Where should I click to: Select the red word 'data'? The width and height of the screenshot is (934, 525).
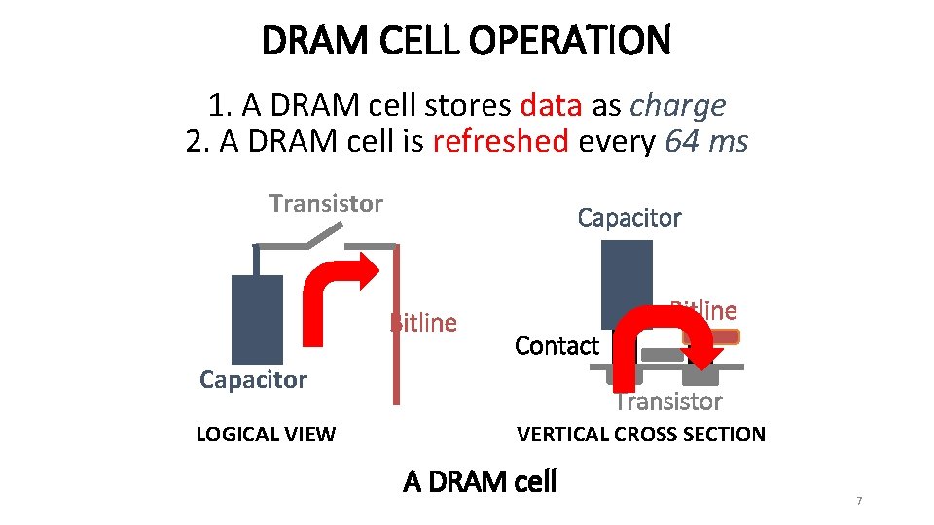coord(552,105)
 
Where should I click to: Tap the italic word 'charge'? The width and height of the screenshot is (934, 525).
coord(677,105)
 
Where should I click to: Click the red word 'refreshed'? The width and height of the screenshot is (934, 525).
coord(500,142)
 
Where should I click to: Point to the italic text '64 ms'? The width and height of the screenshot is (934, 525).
coord(706,142)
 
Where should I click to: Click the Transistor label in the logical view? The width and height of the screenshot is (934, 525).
coord(326,204)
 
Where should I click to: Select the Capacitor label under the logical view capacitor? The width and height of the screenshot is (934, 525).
coord(253,379)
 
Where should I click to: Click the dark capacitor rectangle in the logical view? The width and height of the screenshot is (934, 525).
coord(257,318)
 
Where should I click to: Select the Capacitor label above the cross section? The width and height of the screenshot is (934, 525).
coord(629,218)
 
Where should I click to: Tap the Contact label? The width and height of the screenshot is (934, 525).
coord(557,345)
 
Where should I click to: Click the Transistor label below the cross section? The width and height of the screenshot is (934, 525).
coord(668,402)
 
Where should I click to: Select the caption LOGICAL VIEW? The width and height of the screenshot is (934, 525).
coord(266,435)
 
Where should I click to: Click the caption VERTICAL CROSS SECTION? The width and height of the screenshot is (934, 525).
coord(641,435)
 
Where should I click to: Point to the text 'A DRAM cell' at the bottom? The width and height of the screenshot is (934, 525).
coord(480,481)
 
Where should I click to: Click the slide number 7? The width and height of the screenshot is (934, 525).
coord(859,501)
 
